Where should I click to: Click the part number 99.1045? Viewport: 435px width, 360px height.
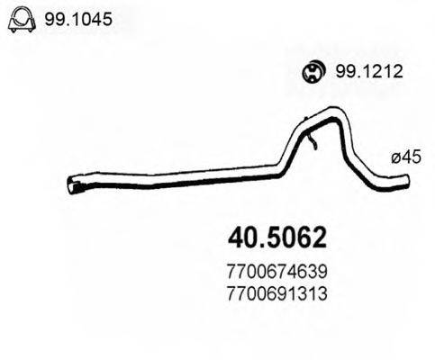click(x=78, y=19)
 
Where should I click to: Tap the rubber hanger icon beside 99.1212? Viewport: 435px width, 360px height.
click(x=313, y=72)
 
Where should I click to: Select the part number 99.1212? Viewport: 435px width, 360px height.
click(x=369, y=72)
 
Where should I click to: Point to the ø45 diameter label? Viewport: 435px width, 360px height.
click(x=406, y=157)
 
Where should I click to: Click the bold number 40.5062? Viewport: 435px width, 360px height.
click(x=276, y=238)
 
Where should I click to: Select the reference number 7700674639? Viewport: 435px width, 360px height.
click(x=276, y=272)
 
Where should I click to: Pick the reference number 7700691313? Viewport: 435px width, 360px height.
click(x=276, y=293)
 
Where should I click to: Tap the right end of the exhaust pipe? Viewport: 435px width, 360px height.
click(x=406, y=181)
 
